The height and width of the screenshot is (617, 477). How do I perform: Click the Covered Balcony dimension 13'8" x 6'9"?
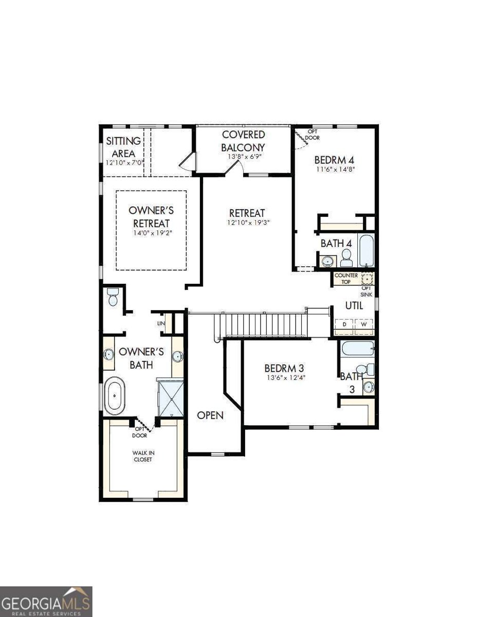(x=244, y=156)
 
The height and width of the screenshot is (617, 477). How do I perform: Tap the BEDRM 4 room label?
(x=334, y=160)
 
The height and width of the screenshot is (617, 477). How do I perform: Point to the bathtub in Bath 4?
(x=366, y=251)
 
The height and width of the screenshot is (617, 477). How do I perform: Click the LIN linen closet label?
(x=161, y=323)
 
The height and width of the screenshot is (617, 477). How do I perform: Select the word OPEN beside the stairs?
(x=210, y=415)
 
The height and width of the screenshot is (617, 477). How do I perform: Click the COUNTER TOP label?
(x=346, y=279)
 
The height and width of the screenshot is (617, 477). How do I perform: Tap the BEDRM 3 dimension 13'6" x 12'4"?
(x=285, y=378)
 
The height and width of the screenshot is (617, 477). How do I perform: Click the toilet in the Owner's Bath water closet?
(x=113, y=297)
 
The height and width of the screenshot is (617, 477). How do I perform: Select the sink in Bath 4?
(x=328, y=261)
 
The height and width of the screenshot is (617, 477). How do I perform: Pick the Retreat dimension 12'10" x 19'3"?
(x=247, y=223)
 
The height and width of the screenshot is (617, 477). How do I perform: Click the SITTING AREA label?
(x=123, y=147)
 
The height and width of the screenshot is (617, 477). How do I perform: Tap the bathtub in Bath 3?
(x=357, y=349)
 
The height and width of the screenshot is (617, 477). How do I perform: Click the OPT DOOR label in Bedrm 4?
(x=313, y=135)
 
